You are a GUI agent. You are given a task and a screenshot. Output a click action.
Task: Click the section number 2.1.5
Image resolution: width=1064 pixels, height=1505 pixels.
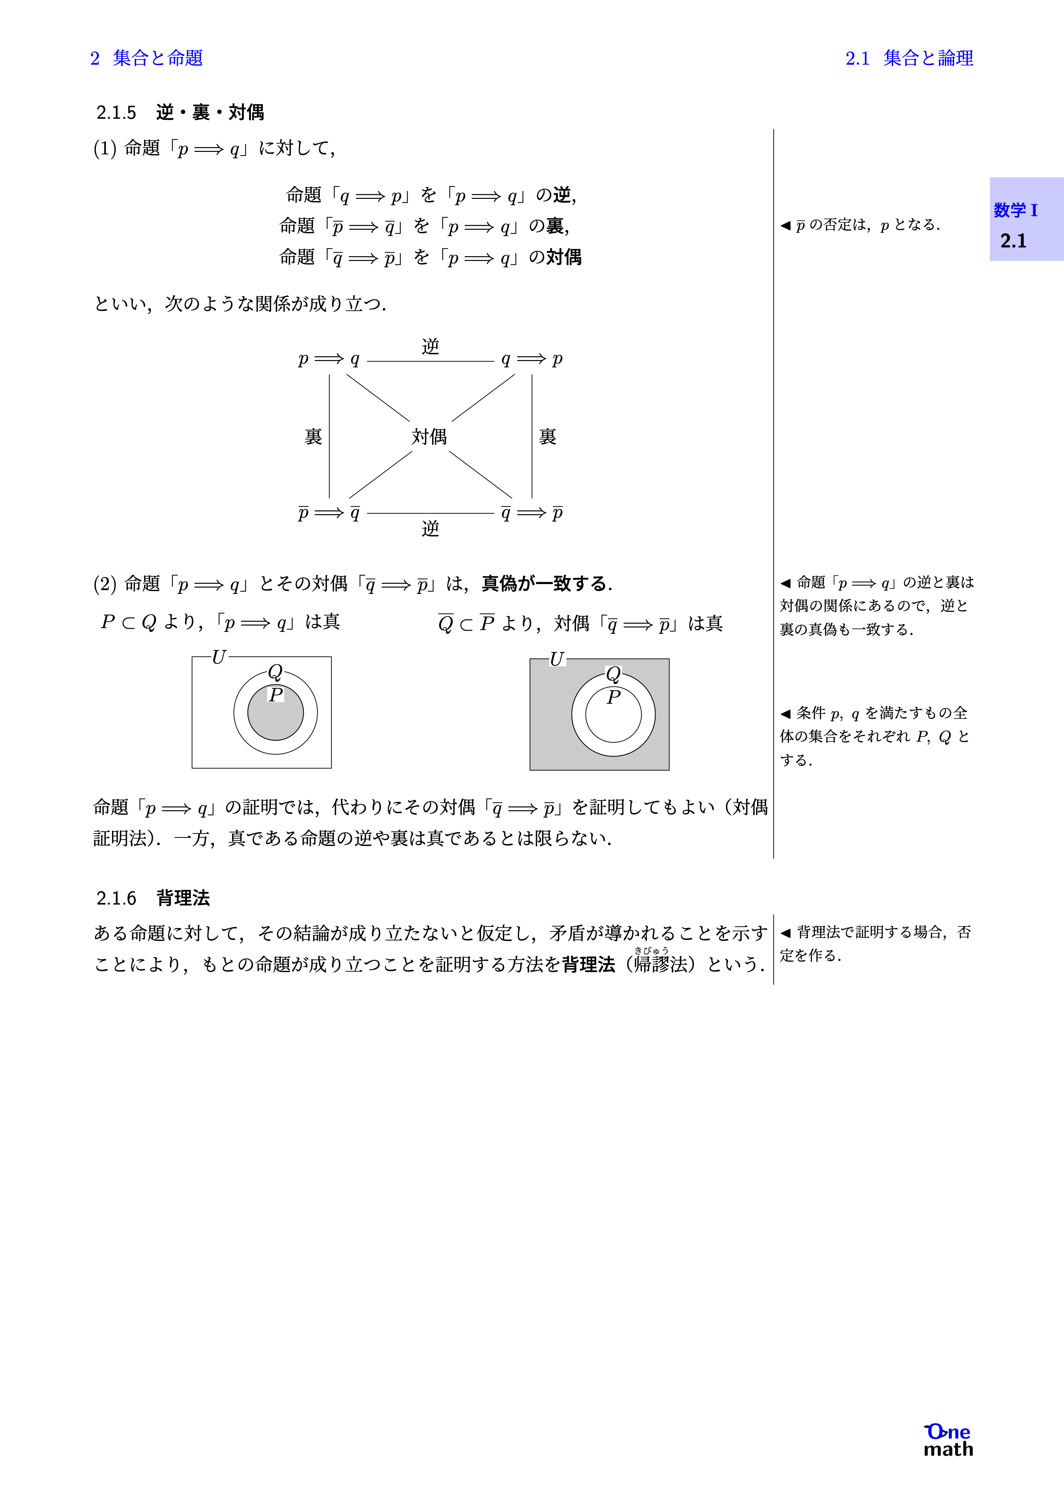[116, 113]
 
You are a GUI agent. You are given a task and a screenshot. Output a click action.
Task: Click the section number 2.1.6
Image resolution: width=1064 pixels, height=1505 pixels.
[116, 898]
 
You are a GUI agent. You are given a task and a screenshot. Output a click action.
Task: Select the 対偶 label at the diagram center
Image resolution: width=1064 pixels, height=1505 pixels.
[430, 437]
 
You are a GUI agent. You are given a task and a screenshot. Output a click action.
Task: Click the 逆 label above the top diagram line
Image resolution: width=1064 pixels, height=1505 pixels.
[430, 346]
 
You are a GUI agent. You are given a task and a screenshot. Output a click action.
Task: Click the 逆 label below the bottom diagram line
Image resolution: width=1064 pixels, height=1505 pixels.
[430, 528]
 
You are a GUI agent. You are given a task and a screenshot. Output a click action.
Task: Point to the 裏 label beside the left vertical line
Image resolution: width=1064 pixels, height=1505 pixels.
[313, 437]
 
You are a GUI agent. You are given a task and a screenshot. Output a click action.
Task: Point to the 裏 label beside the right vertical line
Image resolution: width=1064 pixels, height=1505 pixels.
[547, 437]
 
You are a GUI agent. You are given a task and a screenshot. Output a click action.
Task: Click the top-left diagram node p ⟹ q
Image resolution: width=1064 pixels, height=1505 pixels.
[329, 359]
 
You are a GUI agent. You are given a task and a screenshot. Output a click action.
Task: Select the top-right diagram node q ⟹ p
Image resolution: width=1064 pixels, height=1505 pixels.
[532, 359]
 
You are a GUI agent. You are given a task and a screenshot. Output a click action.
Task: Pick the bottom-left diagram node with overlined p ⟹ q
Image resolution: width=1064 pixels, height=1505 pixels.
[329, 513]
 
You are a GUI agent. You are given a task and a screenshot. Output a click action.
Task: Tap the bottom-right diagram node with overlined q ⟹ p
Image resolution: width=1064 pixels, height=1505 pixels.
[532, 513]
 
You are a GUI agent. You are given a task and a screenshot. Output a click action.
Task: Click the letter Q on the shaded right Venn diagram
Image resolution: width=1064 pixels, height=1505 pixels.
[613, 674]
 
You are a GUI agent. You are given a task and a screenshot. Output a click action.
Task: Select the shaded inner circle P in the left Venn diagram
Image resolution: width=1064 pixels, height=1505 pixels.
[275, 718]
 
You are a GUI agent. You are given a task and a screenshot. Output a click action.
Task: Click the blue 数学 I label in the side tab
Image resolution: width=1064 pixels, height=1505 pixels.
[1015, 210]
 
